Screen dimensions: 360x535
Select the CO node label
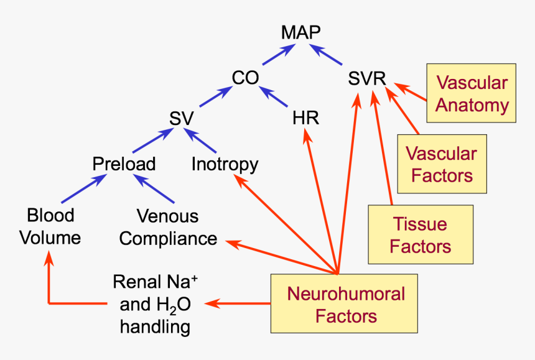point(245,78)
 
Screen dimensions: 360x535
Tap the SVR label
point(367,79)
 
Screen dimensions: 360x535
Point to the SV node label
point(182,118)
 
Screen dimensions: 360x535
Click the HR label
point(305,118)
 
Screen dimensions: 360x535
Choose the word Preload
point(124,164)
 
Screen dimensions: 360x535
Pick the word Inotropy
point(225,164)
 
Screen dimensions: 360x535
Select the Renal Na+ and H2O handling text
point(155,304)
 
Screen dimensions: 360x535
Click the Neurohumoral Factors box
point(346,304)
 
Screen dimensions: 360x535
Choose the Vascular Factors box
point(441,164)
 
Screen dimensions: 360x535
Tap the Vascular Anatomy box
point(472,93)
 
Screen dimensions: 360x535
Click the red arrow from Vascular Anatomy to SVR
point(411,91)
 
